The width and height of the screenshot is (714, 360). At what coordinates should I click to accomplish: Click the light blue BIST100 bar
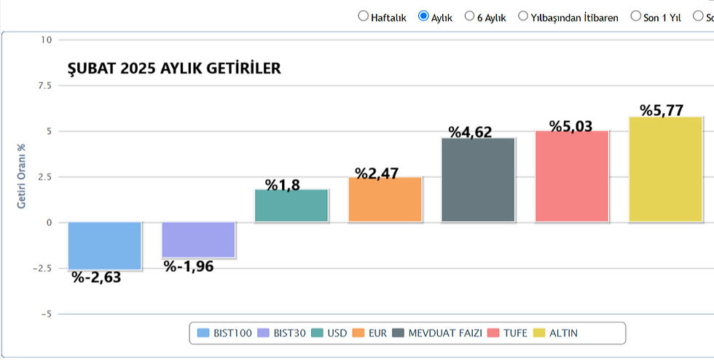click(105, 246)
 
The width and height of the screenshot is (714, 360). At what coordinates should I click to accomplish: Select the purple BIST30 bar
click(198, 240)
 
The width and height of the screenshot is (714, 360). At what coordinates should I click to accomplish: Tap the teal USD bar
click(291, 206)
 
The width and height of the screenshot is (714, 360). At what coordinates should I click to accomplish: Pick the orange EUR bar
click(385, 200)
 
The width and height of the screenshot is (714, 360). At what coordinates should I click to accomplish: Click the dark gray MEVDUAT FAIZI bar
click(479, 180)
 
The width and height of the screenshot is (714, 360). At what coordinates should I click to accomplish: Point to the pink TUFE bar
click(572, 176)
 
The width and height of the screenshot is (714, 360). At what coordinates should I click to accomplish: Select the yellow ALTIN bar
click(666, 169)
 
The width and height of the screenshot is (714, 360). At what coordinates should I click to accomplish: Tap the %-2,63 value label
click(96, 277)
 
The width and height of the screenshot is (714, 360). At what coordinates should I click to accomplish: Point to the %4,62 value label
click(470, 132)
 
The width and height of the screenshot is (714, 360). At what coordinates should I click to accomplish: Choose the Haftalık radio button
click(364, 16)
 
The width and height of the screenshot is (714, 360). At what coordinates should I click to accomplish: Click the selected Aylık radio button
click(423, 16)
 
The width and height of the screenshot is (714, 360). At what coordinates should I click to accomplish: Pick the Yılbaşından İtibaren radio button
click(523, 16)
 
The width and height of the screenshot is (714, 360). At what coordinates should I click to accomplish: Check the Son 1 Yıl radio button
click(635, 16)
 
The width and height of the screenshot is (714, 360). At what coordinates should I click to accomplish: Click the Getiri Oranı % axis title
click(22, 176)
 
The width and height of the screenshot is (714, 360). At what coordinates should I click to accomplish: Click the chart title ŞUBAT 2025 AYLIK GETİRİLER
click(174, 69)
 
